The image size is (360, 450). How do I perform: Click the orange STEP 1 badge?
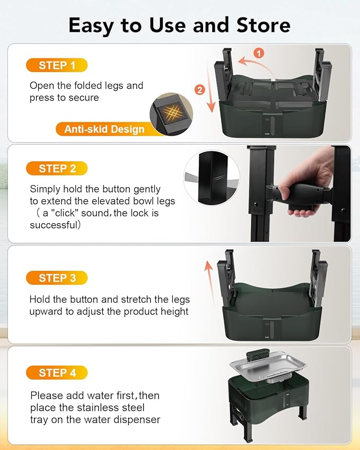pyautogui.click(x=56, y=65)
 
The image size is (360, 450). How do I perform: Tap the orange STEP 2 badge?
pyautogui.click(x=56, y=169)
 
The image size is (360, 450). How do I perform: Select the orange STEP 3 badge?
pyautogui.click(x=56, y=278)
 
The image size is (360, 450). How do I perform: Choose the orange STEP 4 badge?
pyautogui.click(x=56, y=373)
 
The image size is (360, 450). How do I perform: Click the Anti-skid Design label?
pyautogui.click(x=104, y=129)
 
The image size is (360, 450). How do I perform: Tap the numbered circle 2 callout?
pyautogui.click(x=200, y=90)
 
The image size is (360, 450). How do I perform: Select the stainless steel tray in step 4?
pyautogui.click(x=268, y=366)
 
